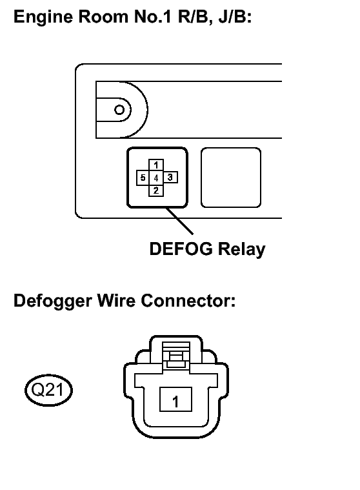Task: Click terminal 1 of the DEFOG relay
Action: click(156, 165)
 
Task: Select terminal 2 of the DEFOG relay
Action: click(156, 190)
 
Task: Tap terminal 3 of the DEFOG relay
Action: click(170, 178)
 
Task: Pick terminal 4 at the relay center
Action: click(156, 178)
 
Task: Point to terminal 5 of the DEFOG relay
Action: click(143, 178)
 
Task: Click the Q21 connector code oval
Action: click(48, 390)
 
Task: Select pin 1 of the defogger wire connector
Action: click(175, 400)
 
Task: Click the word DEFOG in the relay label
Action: click(181, 249)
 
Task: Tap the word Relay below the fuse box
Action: click(242, 249)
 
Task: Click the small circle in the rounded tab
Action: click(119, 110)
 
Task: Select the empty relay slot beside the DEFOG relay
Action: click(231, 178)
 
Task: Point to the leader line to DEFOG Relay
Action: click(179, 221)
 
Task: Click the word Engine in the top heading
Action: click(43, 17)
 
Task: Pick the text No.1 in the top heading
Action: click(153, 16)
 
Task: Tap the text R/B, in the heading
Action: click(195, 17)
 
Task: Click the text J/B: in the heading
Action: click(235, 16)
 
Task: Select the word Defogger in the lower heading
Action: click(53, 301)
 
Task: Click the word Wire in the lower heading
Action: click(117, 300)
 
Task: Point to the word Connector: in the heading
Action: click(188, 301)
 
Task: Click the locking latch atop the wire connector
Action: click(176, 355)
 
